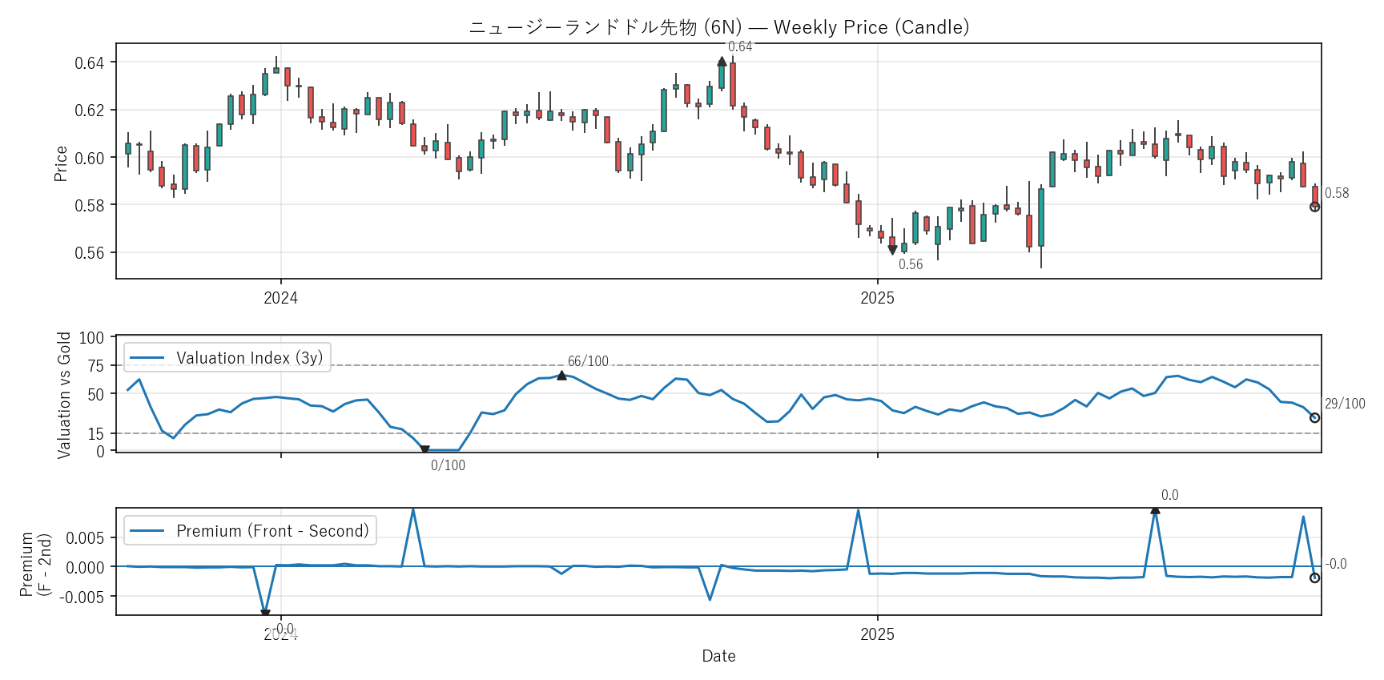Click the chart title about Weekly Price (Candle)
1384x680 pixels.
718,27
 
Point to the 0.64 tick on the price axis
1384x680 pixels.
89,63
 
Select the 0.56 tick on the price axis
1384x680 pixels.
89,253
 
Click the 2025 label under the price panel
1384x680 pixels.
877,298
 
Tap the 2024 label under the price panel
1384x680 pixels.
280,298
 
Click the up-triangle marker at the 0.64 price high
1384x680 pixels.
722,62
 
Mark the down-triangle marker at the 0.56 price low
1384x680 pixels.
892,250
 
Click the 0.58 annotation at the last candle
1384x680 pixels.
1336,193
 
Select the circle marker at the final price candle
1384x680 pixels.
1314,207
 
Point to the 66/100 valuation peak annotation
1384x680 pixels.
588,361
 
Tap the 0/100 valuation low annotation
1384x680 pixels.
448,465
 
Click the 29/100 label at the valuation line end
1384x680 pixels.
1344,404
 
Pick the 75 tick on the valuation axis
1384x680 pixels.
96,366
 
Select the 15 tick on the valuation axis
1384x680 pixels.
96,434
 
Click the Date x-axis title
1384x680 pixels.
718,656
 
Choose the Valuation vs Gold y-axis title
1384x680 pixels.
64,395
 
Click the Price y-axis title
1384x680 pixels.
61,163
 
